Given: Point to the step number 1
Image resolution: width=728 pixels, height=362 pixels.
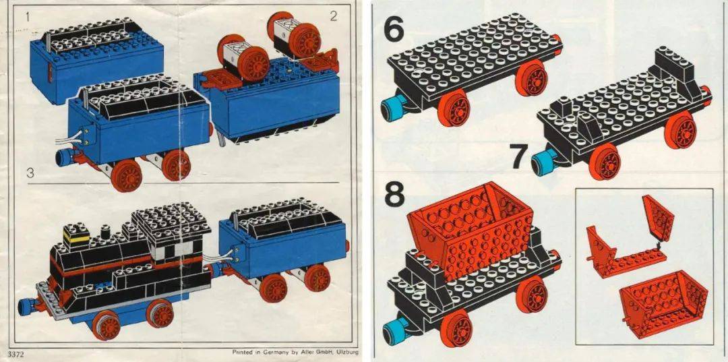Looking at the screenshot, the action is [28, 18].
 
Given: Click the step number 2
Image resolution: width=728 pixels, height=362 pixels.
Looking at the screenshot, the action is [334, 17].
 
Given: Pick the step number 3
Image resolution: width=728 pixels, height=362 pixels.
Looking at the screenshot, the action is [30, 173].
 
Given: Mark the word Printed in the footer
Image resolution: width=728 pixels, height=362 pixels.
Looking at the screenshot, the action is [243, 352].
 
